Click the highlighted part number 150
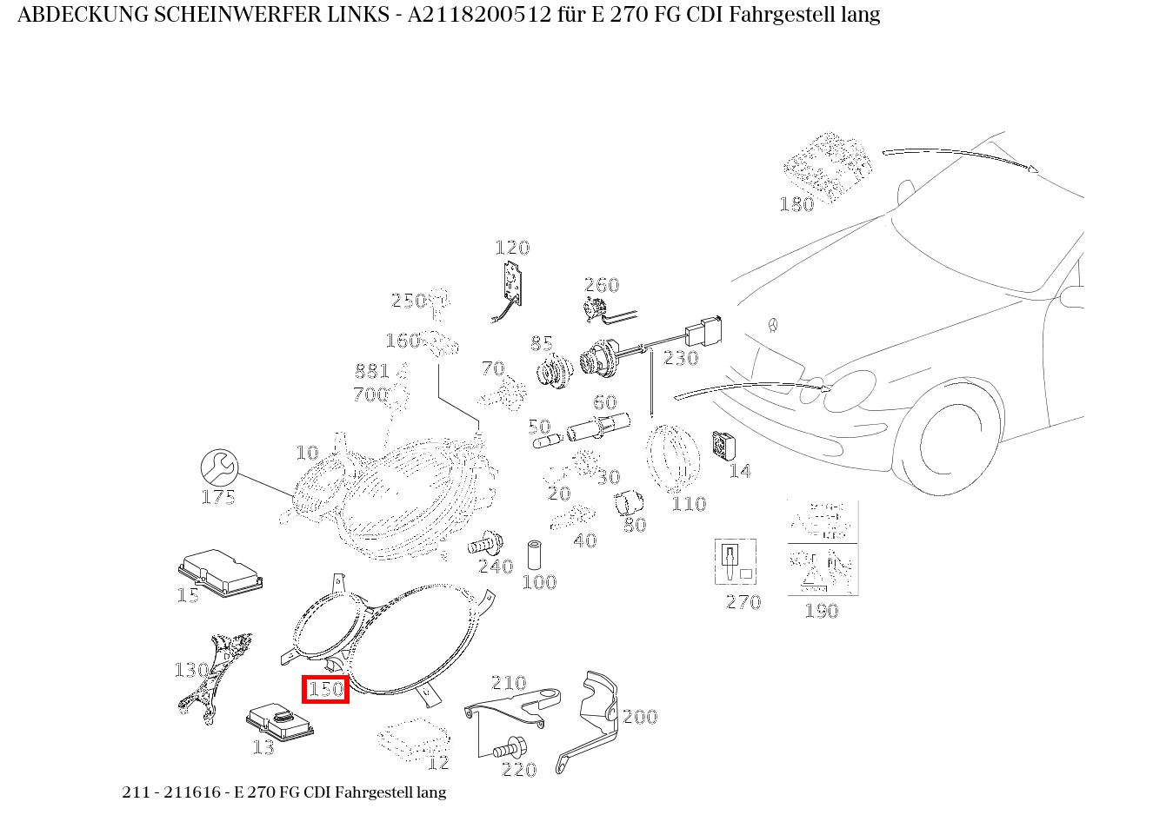click(x=326, y=689)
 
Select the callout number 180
click(x=796, y=204)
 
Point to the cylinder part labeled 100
click(x=535, y=554)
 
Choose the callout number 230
click(x=681, y=358)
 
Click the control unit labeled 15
click(x=221, y=571)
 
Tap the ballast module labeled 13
click(x=279, y=720)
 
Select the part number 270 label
click(x=743, y=602)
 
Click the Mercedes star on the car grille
click(x=771, y=326)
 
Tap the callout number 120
click(x=512, y=248)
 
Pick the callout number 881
click(x=371, y=372)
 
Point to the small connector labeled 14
click(x=723, y=446)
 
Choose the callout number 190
click(x=821, y=611)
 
